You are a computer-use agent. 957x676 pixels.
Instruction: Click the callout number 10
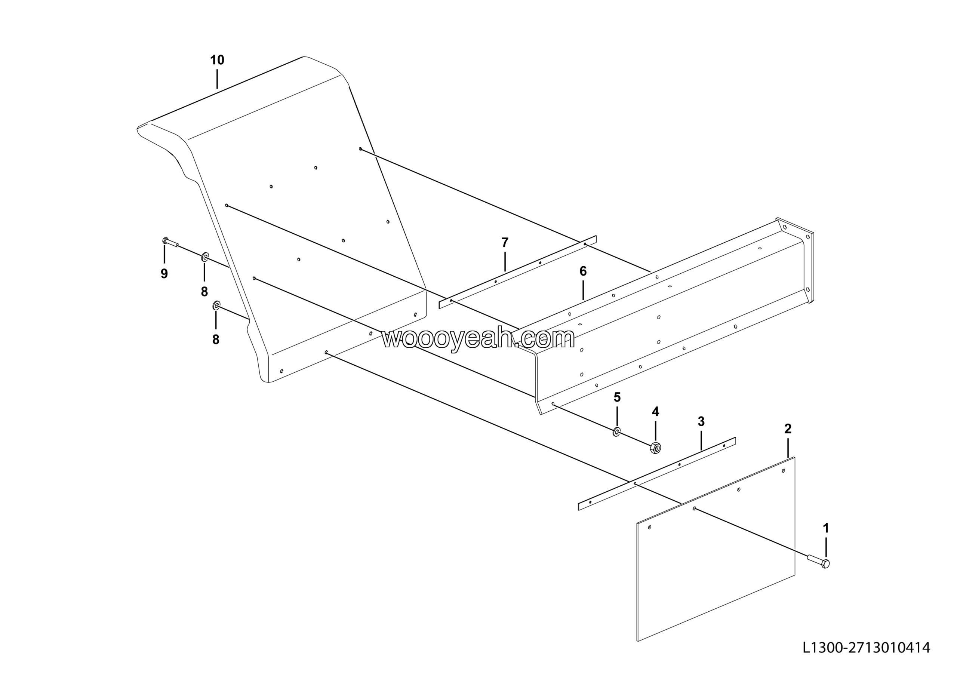click(x=217, y=61)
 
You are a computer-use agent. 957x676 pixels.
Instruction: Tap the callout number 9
click(x=164, y=274)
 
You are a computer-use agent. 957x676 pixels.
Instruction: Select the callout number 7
click(x=505, y=243)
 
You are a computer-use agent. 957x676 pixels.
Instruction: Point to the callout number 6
click(x=583, y=271)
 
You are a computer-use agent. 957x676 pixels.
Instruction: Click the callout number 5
click(x=617, y=397)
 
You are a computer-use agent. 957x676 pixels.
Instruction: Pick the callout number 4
click(x=655, y=412)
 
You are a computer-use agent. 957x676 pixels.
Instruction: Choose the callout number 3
click(x=701, y=421)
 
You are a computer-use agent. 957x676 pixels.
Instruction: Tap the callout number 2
click(x=788, y=428)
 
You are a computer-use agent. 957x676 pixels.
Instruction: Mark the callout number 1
click(x=826, y=528)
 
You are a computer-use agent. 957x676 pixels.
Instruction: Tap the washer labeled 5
click(x=616, y=432)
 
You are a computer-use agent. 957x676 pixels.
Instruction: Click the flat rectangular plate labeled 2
click(x=716, y=549)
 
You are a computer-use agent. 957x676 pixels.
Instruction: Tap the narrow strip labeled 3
click(x=656, y=474)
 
